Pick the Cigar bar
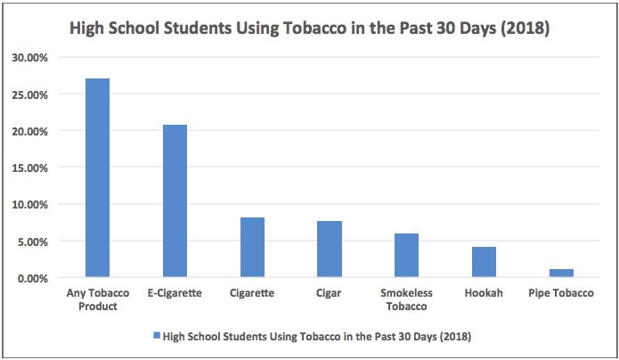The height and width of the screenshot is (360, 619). click(330, 249)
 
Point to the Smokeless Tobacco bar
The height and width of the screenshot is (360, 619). click(407, 255)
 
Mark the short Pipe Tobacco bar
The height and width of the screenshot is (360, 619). click(561, 273)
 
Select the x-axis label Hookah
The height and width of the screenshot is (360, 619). click(484, 292)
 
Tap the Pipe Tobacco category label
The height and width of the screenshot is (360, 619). click(561, 292)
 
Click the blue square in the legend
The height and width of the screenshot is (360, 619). click(157, 337)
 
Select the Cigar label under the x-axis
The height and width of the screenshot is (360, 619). click(330, 292)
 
